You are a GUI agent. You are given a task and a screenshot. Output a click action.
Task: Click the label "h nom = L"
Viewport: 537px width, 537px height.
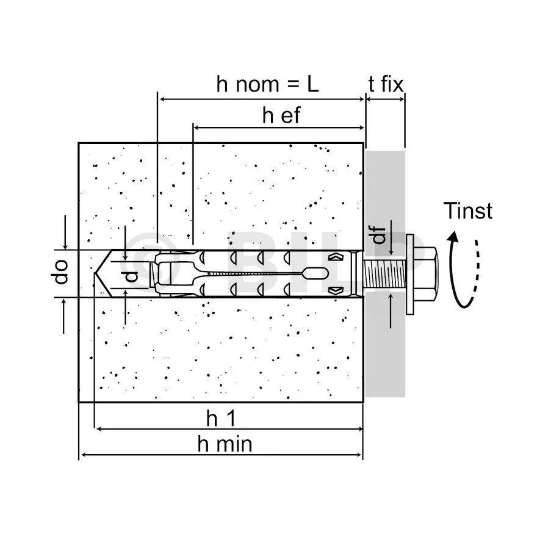click(267, 84)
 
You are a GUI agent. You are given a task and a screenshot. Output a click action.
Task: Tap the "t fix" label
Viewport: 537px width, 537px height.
click(386, 84)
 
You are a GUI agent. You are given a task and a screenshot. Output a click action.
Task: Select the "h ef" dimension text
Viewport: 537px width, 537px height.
click(281, 116)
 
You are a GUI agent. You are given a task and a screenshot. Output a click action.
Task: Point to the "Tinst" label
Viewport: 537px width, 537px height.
click(467, 211)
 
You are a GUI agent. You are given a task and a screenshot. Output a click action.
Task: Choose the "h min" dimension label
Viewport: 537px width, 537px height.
click(225, 444)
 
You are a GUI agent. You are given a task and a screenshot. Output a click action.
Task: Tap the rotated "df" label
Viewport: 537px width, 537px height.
click(380, 234)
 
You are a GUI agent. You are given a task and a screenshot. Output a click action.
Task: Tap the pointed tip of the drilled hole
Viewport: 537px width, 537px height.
click(99, 273)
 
